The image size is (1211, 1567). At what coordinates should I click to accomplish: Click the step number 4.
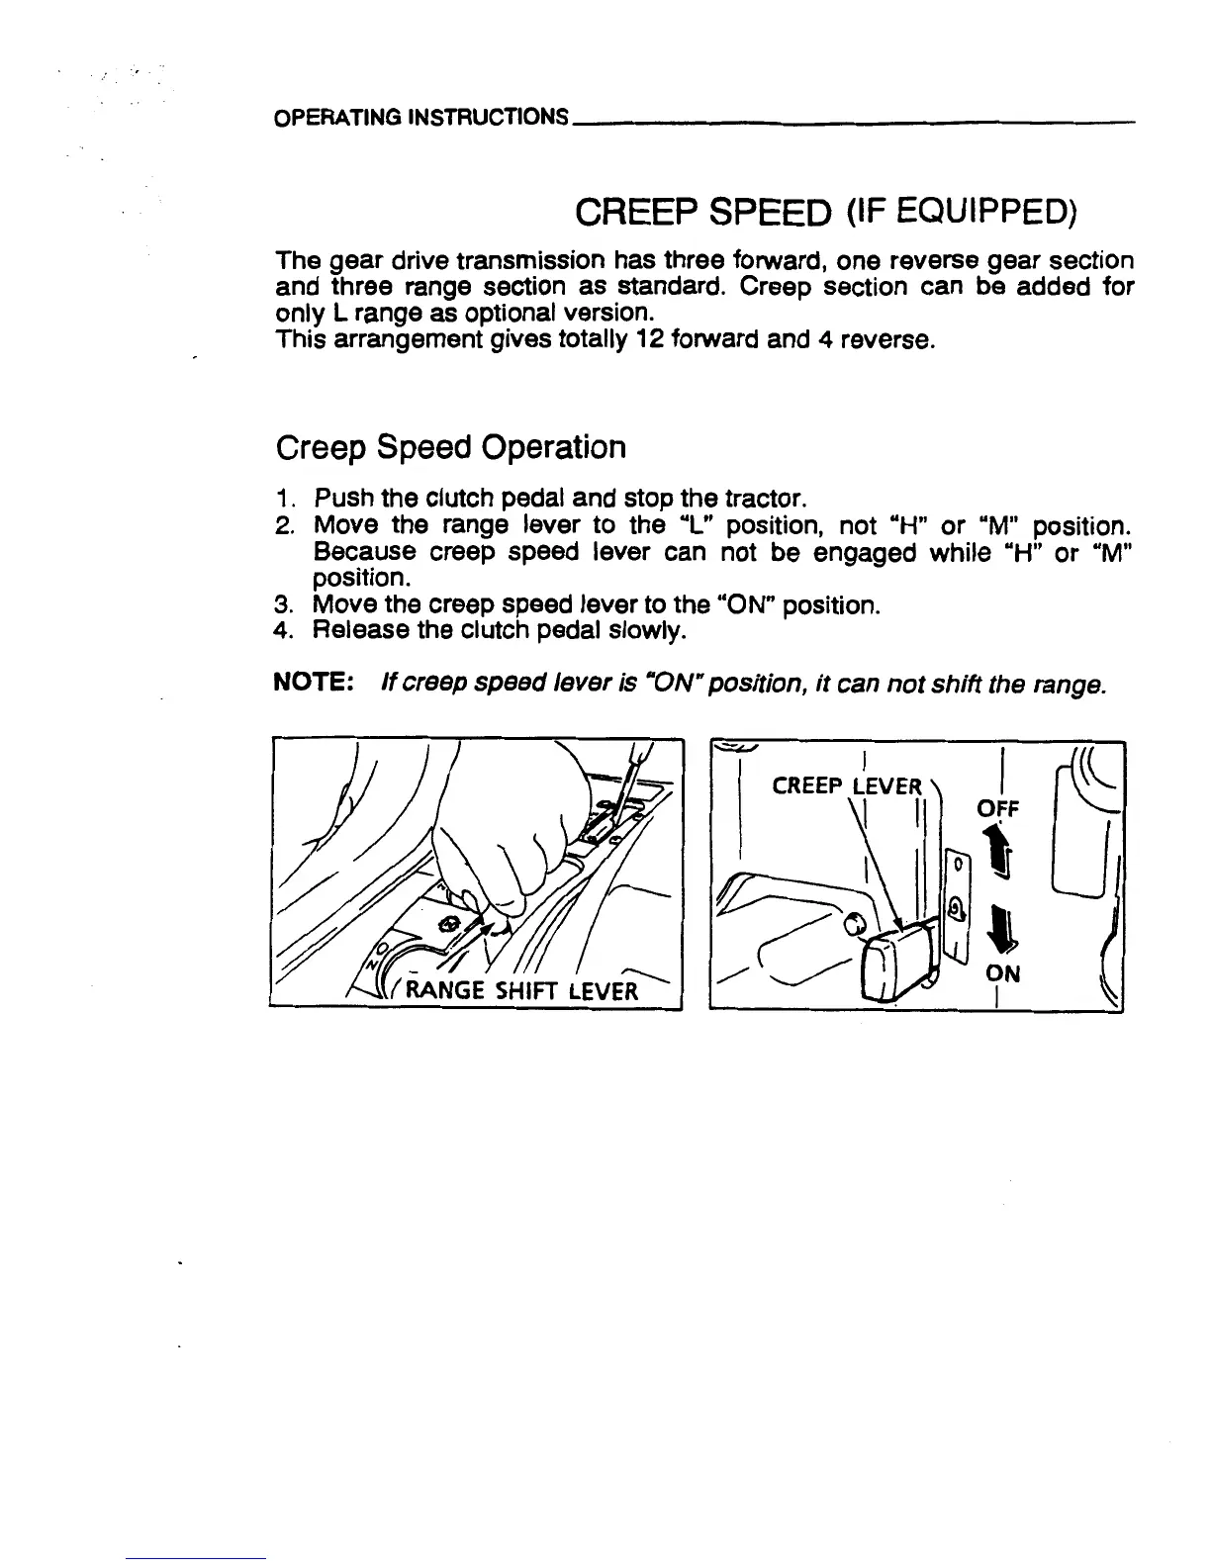click(x=283, y=630)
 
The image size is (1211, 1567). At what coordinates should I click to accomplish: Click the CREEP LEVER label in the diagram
click(x=846, y=786)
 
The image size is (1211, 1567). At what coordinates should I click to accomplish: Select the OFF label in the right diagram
click(x=997, y=809)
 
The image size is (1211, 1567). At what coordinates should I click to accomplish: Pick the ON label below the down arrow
click(x=1002, y=973)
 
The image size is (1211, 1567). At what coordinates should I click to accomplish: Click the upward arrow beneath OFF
click(x=999, y=853)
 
